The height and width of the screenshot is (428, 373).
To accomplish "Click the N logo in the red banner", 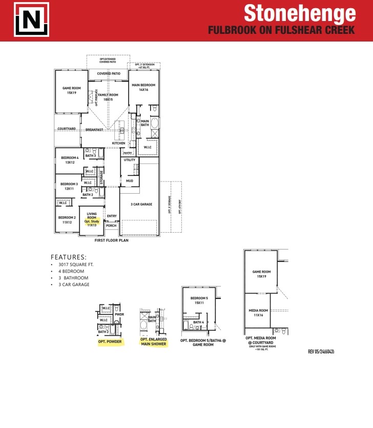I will [32, 20].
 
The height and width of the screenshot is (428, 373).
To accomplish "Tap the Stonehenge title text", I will [299, 13].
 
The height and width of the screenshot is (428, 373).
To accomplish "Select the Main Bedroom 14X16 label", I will [143, 87].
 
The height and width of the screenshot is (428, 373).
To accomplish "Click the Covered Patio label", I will [109, 74].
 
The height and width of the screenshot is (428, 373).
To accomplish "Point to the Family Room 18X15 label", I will [108, 97].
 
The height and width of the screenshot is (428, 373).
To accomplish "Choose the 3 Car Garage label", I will [141, 205].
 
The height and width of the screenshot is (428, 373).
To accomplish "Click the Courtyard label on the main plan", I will [67, 129].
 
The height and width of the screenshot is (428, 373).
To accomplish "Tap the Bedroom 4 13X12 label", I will [70, 160].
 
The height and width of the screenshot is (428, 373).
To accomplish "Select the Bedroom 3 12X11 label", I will [69, 186].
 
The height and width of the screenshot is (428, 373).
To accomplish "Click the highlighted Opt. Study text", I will [92, 221].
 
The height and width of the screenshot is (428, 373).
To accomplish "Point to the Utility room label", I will [130, 160].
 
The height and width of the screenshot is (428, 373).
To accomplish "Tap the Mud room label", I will [130, 181].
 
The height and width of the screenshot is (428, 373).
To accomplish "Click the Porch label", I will [111, 226].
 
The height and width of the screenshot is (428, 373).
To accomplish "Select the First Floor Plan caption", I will [111, 240].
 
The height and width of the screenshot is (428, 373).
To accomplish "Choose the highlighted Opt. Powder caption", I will [110, 341].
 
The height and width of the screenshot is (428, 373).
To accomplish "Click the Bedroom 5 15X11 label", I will [199, 300].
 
